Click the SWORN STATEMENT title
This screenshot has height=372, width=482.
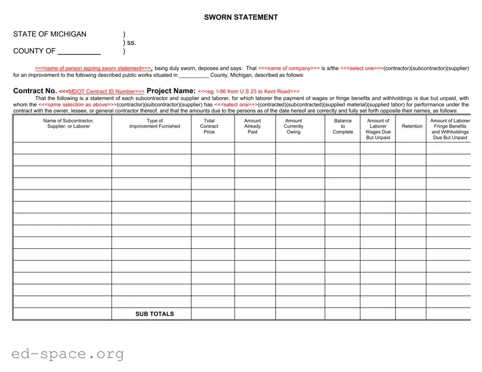coord(240,17)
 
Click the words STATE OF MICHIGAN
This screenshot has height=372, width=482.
coord(50,34)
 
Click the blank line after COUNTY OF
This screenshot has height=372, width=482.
coord(79,52)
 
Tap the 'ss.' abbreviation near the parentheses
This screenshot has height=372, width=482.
coord(131,43)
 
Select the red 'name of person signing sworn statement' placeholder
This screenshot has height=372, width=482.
coord(93,69)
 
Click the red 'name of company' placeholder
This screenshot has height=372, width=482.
coord(289,69)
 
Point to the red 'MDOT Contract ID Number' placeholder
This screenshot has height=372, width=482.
coord(102,92)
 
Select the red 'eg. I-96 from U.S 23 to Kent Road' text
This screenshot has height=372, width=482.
coord(249,92)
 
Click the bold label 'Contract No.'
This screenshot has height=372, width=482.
coord(35,91)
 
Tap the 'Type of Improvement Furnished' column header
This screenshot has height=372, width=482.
coord(155,124)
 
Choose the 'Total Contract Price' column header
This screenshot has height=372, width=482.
coord(209,126)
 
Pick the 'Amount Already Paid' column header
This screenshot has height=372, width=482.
coord(252,126)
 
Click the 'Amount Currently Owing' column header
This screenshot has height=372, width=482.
coord(293,126)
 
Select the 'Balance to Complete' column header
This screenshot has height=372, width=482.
coord(343,126)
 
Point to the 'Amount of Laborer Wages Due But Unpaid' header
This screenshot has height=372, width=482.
coord(378,129)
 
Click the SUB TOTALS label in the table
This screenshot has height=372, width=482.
coord(155,314)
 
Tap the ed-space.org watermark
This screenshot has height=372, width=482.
coord(68,354)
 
